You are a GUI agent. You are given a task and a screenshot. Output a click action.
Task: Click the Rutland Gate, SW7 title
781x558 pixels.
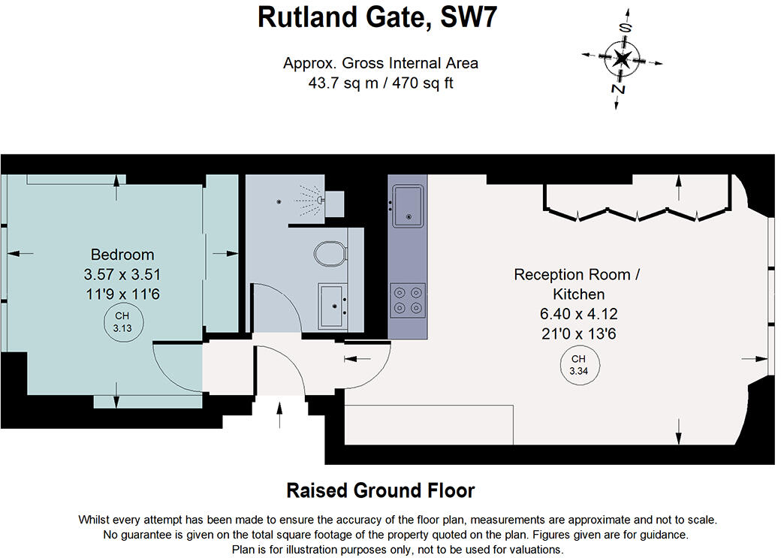pos(378,17)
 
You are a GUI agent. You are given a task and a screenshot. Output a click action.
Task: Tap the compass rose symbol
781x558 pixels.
pos(621,59)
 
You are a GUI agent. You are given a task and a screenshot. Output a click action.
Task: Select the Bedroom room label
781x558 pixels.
pos(122,254)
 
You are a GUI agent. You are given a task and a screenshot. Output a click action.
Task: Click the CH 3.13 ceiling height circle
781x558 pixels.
pos(122,321)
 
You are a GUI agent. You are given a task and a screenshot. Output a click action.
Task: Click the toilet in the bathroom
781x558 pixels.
pos(329,253)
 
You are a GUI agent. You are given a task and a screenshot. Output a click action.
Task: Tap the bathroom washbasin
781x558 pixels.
pos(332,305)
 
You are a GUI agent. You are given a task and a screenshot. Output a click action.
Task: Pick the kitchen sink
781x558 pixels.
pos(408,204)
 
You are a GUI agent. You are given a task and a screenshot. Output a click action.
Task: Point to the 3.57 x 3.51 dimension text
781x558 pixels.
pos(122,274)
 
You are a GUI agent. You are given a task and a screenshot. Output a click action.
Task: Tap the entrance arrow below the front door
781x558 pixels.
pos(280,415)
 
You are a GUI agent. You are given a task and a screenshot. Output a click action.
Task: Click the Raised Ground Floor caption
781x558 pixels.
pos(381,490)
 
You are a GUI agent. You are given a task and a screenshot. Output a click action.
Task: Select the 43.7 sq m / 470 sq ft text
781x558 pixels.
pos(381,83)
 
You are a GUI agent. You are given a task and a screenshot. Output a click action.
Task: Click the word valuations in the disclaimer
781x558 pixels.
pos(529,549)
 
